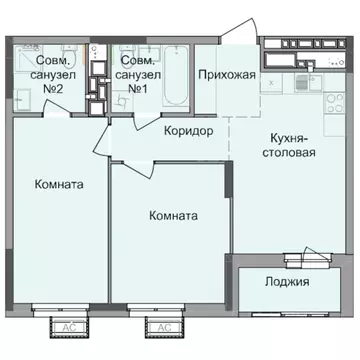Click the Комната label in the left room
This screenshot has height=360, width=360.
57,185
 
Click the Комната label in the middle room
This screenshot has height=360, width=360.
172,216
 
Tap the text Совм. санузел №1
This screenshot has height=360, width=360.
138,74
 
